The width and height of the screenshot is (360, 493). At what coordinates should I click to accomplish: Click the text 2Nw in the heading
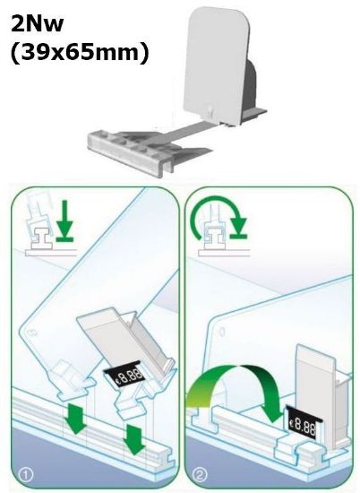pos(37,24)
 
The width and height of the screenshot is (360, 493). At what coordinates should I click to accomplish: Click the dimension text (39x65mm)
pos(80,52)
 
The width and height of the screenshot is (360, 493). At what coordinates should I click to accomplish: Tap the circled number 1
pos(26,474)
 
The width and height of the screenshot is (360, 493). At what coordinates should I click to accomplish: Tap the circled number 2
pos(200,474)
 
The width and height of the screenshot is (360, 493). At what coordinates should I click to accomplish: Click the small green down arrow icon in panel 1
pos(64,221)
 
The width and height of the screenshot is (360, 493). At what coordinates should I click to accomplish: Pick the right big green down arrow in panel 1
pos(134,439)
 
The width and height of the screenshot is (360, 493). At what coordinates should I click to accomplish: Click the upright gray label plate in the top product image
pos(216,63)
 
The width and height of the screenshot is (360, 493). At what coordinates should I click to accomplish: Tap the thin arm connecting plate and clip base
pos(188,131)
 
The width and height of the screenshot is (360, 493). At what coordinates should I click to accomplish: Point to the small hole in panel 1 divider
pos(31,333)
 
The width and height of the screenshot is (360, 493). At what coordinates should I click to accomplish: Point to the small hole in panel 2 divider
pos(222,331)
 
